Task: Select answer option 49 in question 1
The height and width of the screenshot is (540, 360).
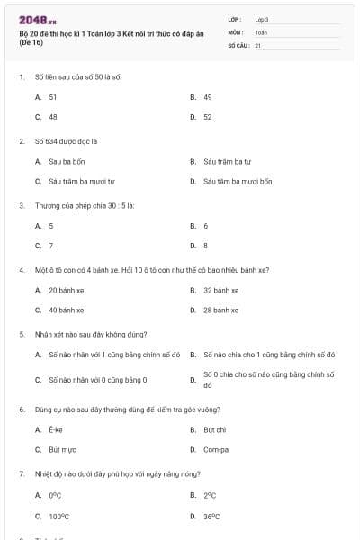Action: point(208,96)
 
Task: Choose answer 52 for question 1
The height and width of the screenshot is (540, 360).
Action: point(208,117)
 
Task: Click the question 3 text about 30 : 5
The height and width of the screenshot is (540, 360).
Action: point(85,205)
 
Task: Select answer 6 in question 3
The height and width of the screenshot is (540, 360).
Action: point(206,226)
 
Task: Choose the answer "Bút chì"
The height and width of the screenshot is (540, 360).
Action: point(214,429)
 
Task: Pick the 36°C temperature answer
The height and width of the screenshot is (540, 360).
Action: point(211,516)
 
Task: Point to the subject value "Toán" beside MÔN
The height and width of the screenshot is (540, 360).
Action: point(261,31)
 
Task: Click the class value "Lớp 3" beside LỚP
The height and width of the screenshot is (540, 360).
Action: point(262,18)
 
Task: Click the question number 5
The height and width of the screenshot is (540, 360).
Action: point(21,334)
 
